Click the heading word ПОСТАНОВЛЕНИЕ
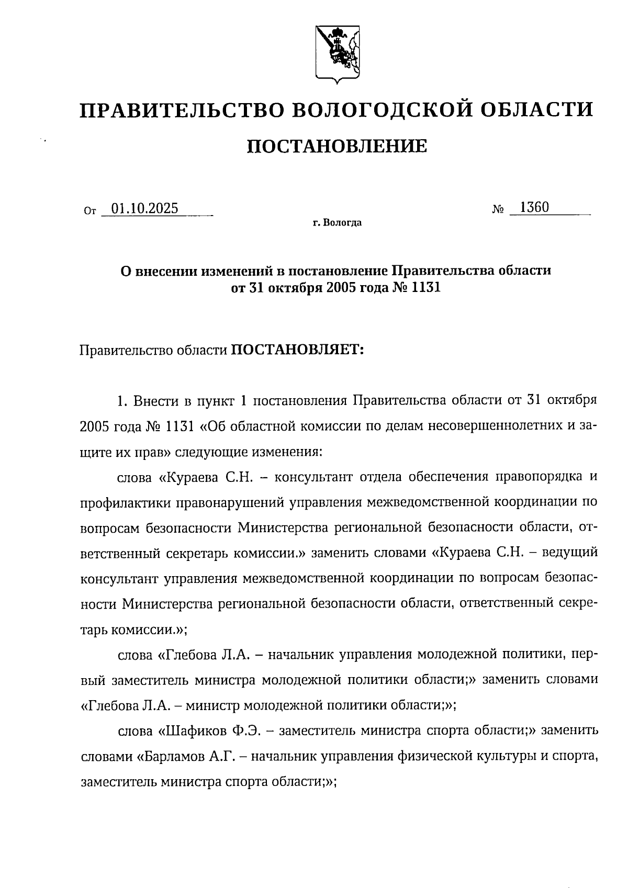pyautogui.click(x=337, y=146)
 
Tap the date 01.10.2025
pyautogui.click(x=145, y=209)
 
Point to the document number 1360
pyautogui.click(x=534, y=207)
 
